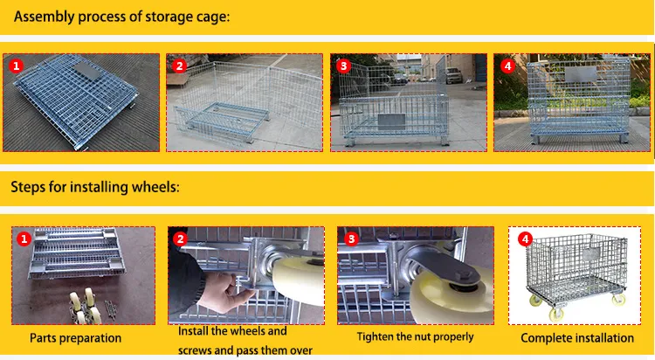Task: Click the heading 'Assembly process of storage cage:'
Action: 121,17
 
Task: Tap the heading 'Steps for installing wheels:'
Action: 95,187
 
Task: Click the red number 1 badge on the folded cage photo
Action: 17,66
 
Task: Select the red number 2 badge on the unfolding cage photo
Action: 180,66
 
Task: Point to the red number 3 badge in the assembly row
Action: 343,66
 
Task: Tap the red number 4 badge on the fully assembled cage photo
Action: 507,66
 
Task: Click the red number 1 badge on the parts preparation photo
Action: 24,239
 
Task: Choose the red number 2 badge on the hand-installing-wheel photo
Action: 180,239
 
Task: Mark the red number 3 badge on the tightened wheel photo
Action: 351,239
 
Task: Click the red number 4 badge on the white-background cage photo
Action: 525,239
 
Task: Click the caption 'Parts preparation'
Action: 76,338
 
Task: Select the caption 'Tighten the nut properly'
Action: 415,336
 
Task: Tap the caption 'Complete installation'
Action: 577,338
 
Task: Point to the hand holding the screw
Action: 222,292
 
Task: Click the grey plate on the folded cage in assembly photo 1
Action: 88,72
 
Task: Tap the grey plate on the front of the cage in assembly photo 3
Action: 391,121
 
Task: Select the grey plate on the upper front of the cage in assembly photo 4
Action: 581,74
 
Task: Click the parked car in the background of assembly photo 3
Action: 454,75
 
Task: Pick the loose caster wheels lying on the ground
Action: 86,308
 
